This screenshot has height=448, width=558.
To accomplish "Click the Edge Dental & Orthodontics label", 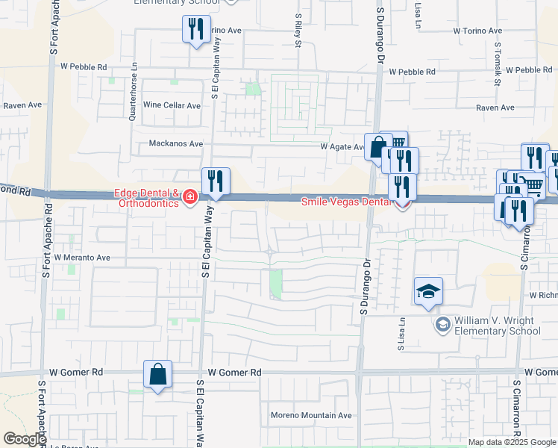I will [146, 196].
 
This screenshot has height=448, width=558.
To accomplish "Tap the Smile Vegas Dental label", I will [345, 202].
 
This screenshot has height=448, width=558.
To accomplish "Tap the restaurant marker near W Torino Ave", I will [196, 31].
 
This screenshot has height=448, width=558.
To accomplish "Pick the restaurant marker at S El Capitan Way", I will [216, 182].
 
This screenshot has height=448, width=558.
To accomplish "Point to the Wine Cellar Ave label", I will [172, 106].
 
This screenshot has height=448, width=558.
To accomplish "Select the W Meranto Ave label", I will [82, 258].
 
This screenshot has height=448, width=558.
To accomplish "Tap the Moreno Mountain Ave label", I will [310, 415].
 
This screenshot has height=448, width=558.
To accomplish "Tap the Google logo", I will [24, 439].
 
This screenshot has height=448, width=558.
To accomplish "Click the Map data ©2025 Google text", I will [512, 442].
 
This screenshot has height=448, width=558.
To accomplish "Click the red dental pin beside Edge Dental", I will [190, 197].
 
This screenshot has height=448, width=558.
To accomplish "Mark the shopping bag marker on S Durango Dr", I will [377, 147].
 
